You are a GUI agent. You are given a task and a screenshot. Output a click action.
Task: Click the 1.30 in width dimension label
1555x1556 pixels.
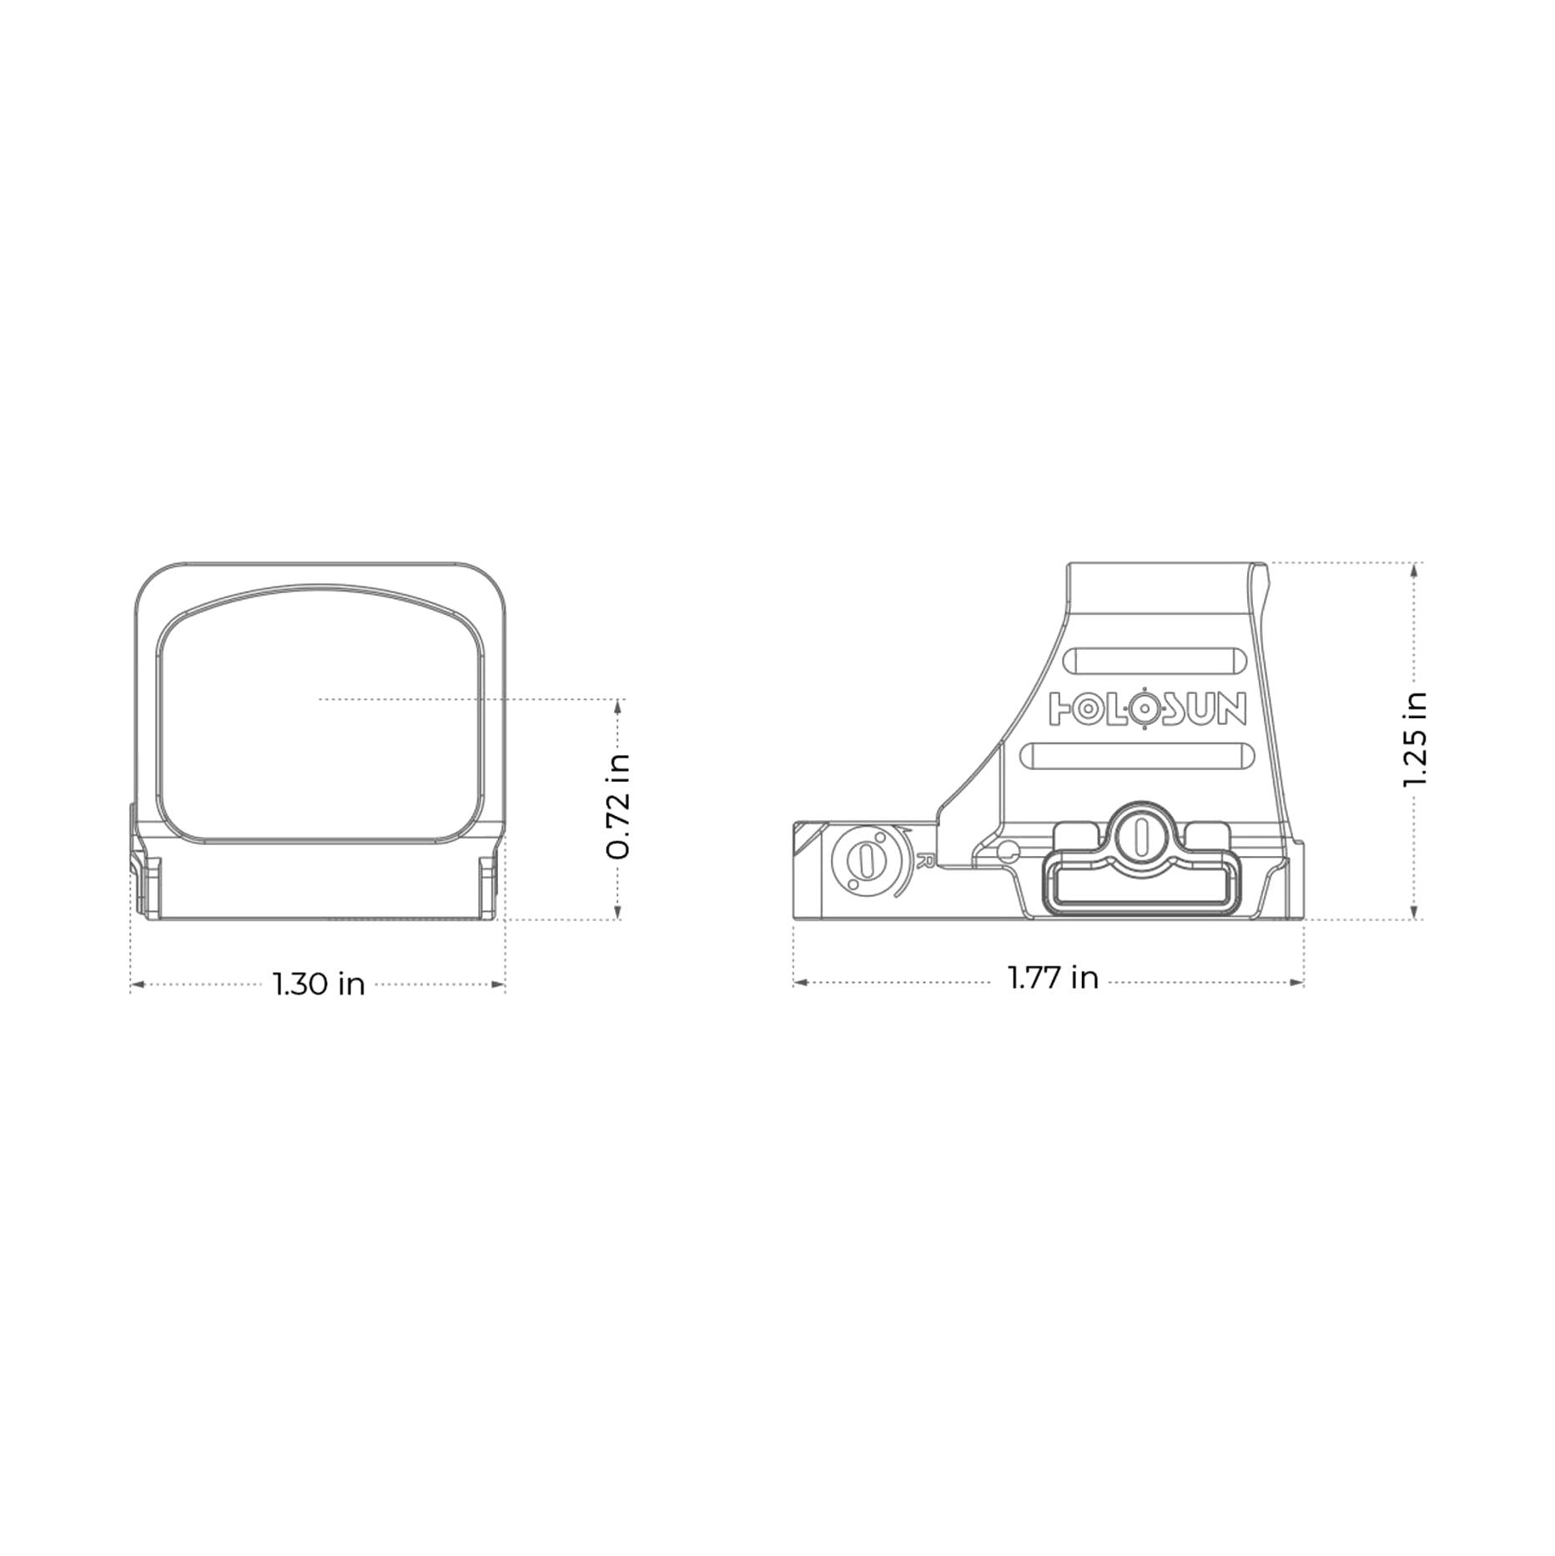pos(320,984)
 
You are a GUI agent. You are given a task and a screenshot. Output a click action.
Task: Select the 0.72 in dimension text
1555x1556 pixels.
pos(618,807)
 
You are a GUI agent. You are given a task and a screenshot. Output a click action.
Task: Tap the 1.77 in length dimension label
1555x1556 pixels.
pos(1053,977)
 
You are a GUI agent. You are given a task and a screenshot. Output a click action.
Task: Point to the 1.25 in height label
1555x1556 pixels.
pos(1415,740)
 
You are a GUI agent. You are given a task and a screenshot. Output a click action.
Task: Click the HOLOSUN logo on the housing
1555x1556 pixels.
pos(1147,708)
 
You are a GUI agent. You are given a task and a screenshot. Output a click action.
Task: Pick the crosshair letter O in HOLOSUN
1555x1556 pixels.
pos(1145,708)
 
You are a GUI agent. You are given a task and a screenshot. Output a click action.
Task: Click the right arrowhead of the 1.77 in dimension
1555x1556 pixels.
pos(1297,982)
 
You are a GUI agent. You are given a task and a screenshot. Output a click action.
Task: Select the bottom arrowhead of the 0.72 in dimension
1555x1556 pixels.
pos(618,913)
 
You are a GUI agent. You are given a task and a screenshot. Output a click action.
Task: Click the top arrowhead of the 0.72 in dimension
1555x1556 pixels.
pos(618,706)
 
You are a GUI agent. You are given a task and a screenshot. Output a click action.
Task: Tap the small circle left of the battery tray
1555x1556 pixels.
pos(1009,851)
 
